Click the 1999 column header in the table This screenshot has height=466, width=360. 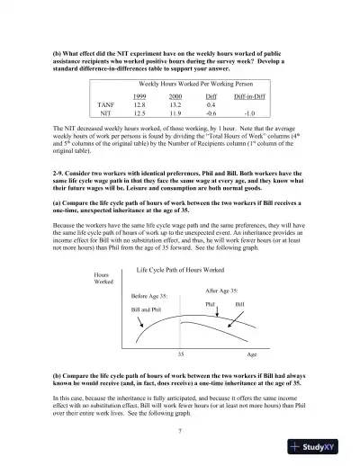click(x=139, y=95)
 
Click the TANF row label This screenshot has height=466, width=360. click(x=104, y=104)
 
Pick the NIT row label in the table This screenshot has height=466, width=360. click(x=104, y=113)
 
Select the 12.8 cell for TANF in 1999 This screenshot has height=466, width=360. click(x=139, y=104)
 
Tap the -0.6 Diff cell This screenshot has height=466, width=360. click(x=211, y=113)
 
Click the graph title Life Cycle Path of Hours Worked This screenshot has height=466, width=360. click(x=180, y=270)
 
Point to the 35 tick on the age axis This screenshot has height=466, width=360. click(x=181, y=354)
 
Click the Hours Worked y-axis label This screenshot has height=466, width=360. click(x=104, y=279)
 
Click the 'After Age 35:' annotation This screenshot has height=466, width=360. click(x=222, y=291)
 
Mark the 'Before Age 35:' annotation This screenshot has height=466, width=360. click(x=151, y=295)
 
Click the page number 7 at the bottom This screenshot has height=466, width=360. click(x=181, y=432)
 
